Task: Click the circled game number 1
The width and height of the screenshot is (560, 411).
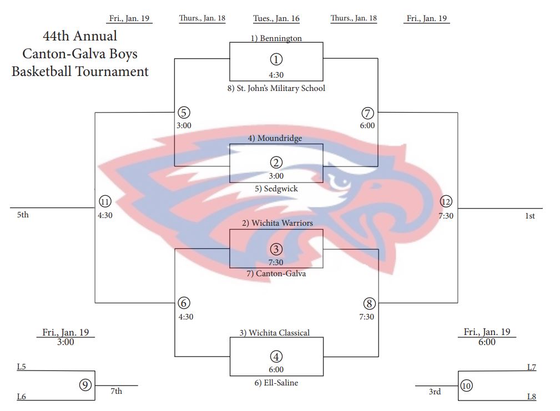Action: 276,59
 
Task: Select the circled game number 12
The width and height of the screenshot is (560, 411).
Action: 446,202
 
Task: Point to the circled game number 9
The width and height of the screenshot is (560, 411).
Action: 85,384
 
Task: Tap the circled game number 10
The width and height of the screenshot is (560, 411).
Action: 466,385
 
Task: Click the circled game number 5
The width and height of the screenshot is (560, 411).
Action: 184,113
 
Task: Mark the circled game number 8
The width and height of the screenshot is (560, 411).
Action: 369,303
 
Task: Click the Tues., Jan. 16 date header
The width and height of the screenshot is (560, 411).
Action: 276,18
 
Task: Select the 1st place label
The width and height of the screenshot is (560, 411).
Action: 529,216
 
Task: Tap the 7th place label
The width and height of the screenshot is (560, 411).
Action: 116,391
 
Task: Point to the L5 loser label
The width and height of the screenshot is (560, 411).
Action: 22,366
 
